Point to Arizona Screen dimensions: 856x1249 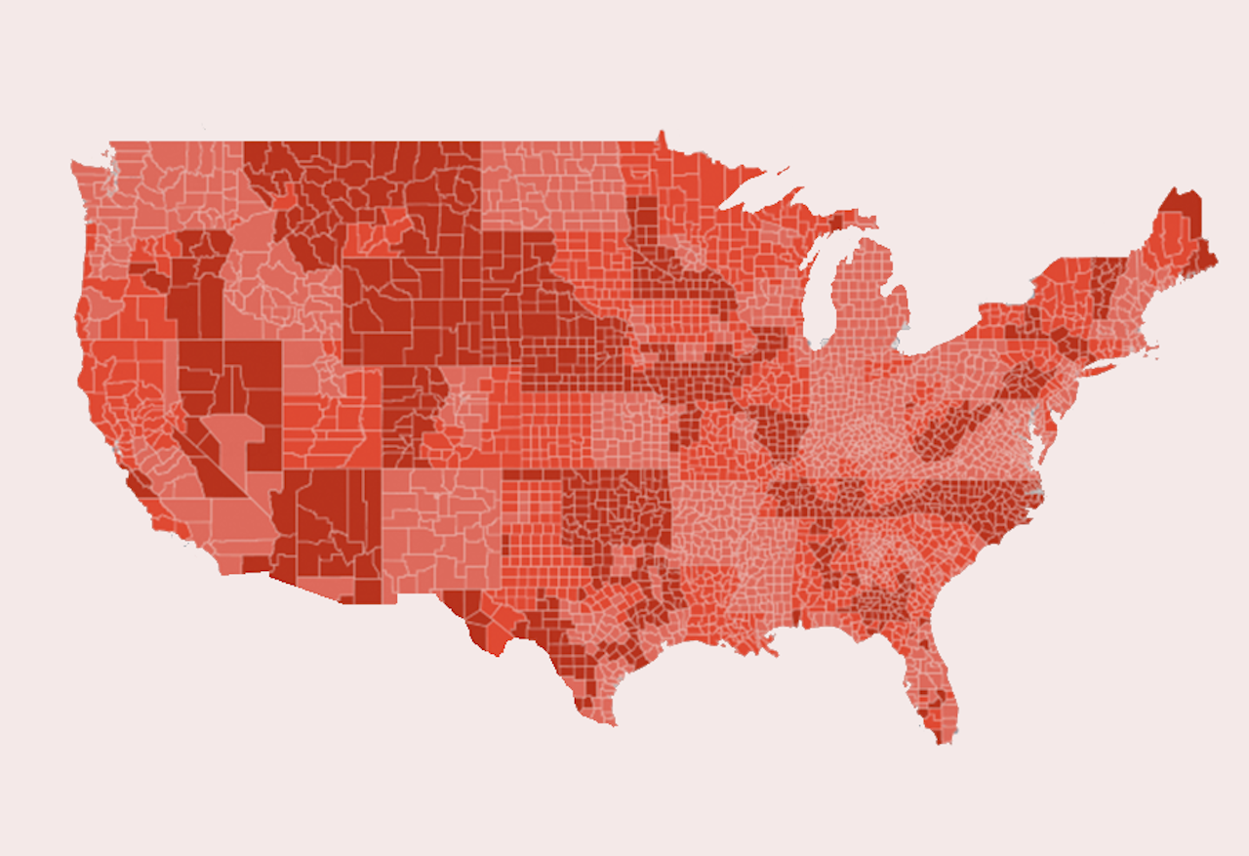pyautogui.click(x=322, y=527)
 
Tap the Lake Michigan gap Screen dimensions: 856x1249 pyautogui.click(x=818, y=293)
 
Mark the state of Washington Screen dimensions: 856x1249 pyautogui.click(x=156, y=185)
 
